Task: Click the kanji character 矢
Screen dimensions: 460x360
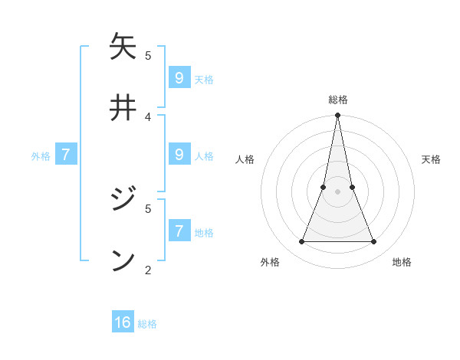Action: (x=123, y=47)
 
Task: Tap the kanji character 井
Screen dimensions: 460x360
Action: (x=123, y=108)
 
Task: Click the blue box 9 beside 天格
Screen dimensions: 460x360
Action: (x=179, y=77)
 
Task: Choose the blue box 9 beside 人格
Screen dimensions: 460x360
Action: (x=179, y=154)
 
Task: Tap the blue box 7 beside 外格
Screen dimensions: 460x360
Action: (x=66, y=155)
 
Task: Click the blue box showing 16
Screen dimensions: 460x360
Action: (x=123, y=322)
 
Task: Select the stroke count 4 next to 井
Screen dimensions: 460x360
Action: (x=148, y=116)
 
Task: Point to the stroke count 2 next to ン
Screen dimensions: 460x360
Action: (x=148, y=270)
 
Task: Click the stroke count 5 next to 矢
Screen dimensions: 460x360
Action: (x=148, y=55)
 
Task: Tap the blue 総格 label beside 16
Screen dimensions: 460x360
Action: (x=147, y=324)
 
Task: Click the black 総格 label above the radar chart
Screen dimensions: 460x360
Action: (x=338, y=100)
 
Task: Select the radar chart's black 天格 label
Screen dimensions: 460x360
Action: (x=431, y=159)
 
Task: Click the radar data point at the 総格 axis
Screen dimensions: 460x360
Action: (x=337, y=116)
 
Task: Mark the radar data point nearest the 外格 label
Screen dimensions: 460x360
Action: (x=301, y=242)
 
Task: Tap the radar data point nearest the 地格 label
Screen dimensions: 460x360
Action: (x=374, y=242)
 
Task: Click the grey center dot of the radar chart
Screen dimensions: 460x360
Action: (x=337, y=192)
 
